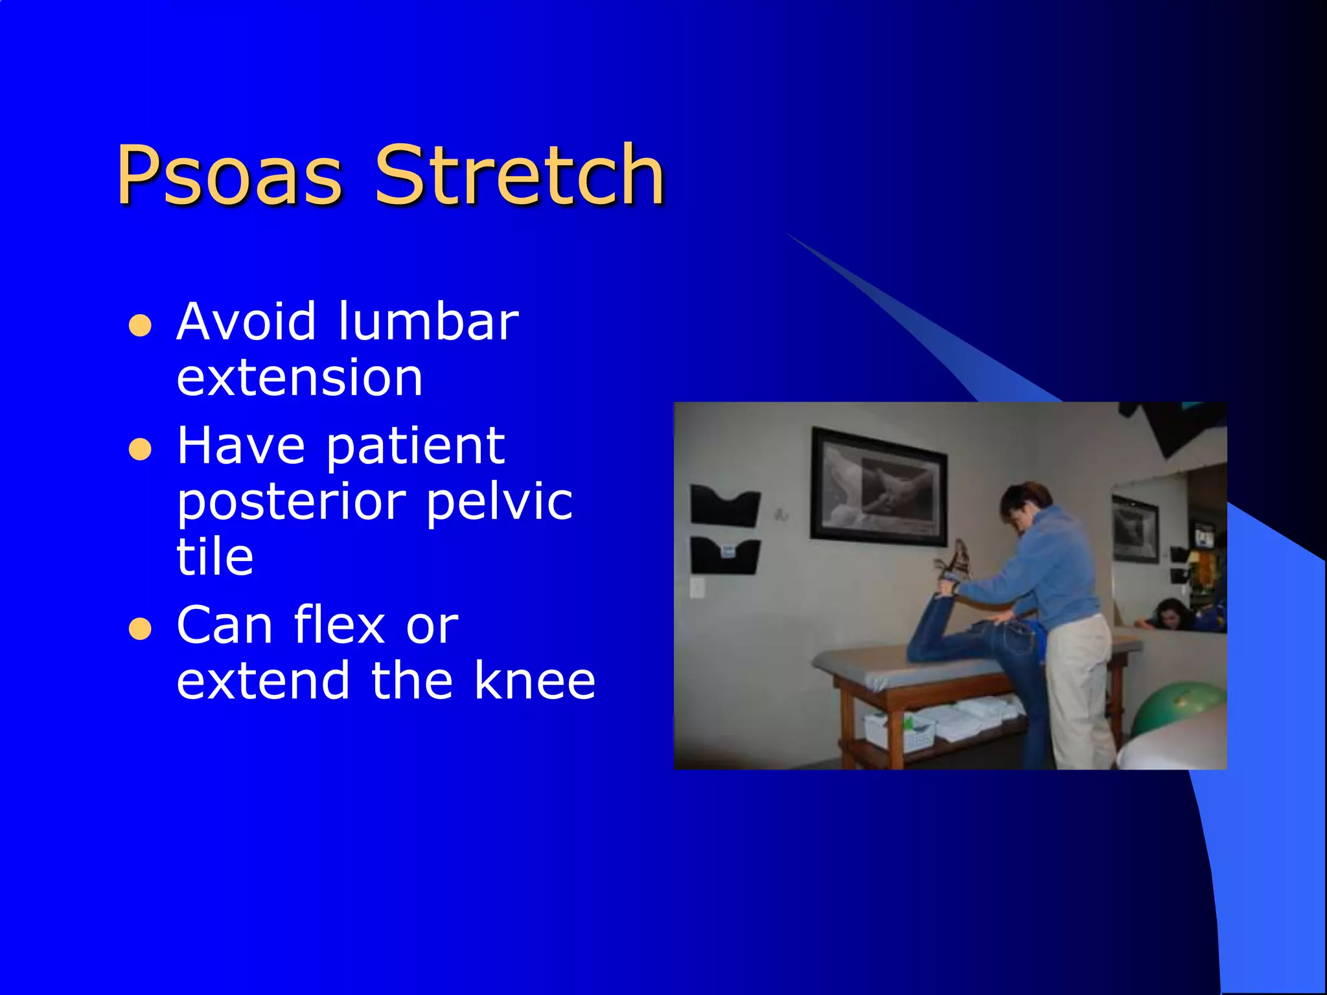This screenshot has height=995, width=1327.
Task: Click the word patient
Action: coord(415,447)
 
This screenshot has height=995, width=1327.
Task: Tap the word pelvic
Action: coord(500,502)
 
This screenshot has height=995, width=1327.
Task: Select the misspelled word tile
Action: coord(215,556)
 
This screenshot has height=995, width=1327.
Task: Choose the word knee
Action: coord(535,681)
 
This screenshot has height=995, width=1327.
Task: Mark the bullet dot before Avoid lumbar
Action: coord(140,325)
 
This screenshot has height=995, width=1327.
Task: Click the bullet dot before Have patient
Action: coord(140,449)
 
